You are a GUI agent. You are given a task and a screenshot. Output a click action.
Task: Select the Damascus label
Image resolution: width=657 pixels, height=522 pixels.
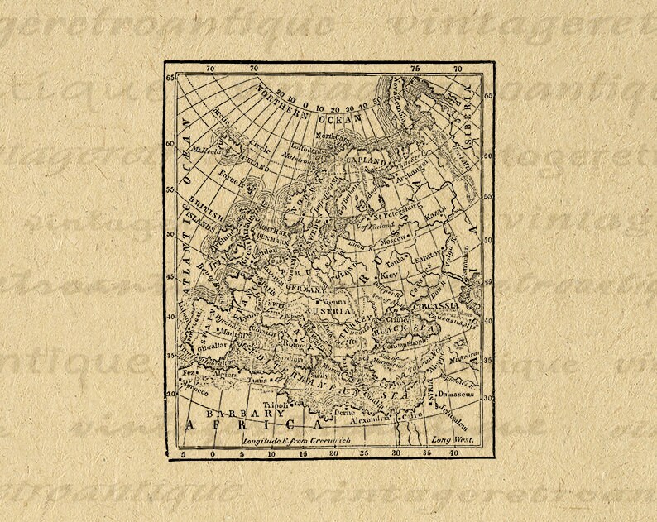coord(455,394)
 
